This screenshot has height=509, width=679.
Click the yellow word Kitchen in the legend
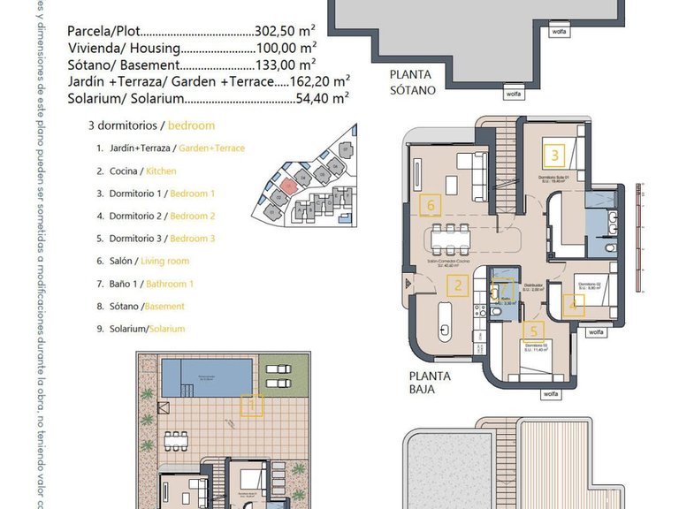click(x=161, y=171)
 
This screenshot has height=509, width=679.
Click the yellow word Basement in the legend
click(x=165, y=307)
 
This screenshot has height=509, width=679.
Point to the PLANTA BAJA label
click(x=430, y=382)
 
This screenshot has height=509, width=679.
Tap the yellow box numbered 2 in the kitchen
click(x=457, y=285)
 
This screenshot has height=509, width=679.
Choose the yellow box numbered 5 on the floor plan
click(x=532, y=332)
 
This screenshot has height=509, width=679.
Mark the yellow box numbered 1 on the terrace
click(x=252, y=406)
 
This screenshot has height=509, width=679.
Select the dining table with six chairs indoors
click(x=451, y=238)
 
